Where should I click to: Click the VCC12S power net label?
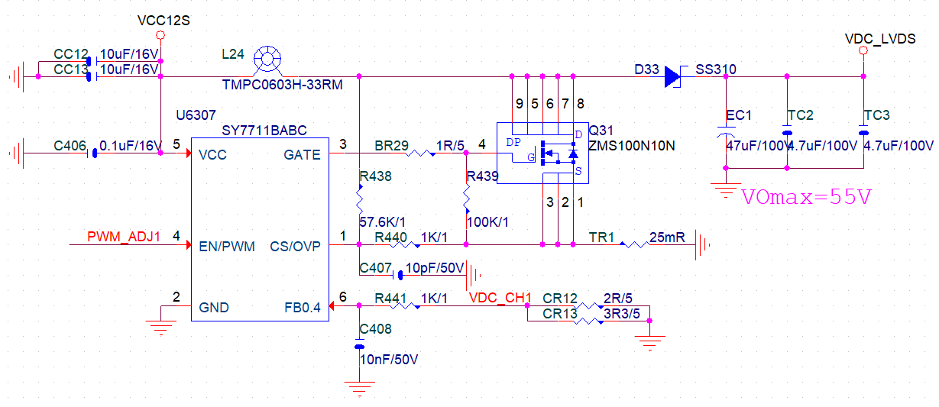click(164, 21)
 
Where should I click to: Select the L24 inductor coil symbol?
click(267, 59)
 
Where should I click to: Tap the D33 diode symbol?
click(673, 76)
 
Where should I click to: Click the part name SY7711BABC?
click(264, 131)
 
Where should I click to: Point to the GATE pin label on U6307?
click(302, 155)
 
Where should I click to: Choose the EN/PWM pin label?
click(227, 247)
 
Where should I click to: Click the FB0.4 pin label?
click(303, 308)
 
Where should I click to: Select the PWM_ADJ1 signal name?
click(124, 237)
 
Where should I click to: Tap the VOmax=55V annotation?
click(806, 196)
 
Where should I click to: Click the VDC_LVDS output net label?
click(880, 39)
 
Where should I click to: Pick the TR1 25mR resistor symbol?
click(635, 245)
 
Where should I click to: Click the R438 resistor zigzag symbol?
click(359, 199)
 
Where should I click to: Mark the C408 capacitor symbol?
click(359, 344)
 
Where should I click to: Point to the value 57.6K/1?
click(382, 222)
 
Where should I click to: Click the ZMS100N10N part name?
click(632, 146)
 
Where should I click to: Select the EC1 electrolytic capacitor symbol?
click(726, 131)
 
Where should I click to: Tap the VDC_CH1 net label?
click(500, 298)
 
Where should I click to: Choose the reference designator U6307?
click(196, 115)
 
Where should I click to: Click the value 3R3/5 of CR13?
click(622, 314)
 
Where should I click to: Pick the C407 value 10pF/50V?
click(435, 268)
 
